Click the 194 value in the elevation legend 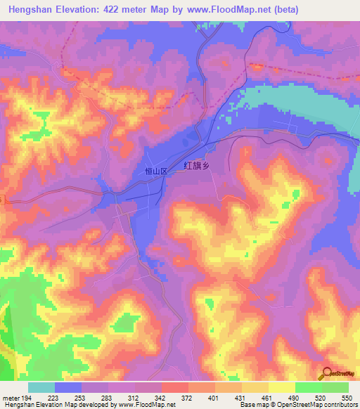(x=27, y=397)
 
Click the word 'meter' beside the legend (x=11, y=397)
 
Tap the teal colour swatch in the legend (x=41, y=387)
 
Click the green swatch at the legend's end (x=335, y=387)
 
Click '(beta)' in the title (x=280, y=10)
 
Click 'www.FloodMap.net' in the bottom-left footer (x=141, y=405)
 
